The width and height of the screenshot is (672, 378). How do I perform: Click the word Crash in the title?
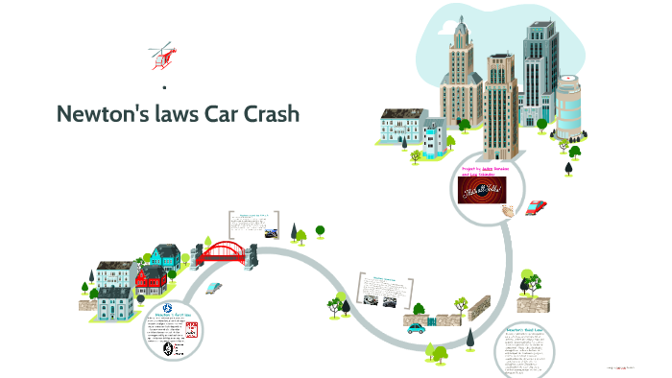[265, 114]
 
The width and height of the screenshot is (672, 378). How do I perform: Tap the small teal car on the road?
[416, 327]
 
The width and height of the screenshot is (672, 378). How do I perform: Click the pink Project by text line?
[492, 169]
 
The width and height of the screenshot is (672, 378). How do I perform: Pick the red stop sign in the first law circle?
[190, 331]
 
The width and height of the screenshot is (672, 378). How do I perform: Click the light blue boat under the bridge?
[213, 286]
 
